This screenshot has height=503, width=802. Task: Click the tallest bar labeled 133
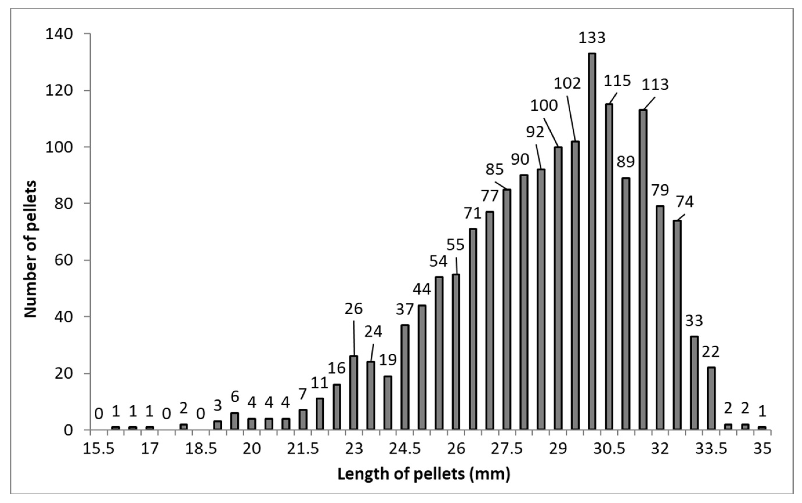[x=592, y=241]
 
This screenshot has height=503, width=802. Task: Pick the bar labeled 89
[x=626, y=304]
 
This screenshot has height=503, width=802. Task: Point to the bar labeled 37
[x=405, y=377]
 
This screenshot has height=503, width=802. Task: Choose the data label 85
[x=495, y=170]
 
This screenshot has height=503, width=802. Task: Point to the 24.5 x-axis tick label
[x=405, y=449]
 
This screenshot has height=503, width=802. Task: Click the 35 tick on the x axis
[x=762, y=449]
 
